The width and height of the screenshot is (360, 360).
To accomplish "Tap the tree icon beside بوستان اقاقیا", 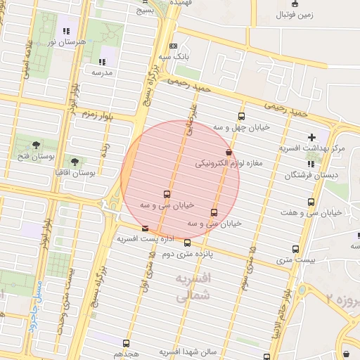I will [x=75, y=162].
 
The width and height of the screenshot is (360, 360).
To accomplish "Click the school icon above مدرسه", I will [x=103, y=61].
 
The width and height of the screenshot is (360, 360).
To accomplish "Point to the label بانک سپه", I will [x=174, y=56].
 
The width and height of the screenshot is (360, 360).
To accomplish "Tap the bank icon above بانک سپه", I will [x=174, y=46].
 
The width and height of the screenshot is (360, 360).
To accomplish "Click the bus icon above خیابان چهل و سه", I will [x=242, y=117].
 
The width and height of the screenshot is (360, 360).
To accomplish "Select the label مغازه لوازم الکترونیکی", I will [x=229, y=163].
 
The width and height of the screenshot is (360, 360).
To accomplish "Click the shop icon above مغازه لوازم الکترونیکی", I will [x=228, y=152].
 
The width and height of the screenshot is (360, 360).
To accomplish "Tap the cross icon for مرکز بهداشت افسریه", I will [x=311, y=136].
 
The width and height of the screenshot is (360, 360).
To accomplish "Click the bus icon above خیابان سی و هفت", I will [x=311, y=202].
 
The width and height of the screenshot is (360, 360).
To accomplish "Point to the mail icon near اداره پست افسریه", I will [x=145, y=229].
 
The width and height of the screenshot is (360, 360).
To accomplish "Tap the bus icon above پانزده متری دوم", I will [x=187, y=243].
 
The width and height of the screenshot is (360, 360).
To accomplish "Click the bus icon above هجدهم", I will [x=126, y=343].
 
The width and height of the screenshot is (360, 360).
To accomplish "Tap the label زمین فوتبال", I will [x=295, y=14].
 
